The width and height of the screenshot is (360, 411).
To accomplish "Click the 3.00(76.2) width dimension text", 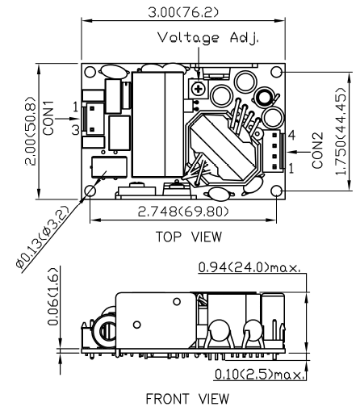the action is coord(183,12).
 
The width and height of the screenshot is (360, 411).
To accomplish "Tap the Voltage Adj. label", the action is coord(208,38).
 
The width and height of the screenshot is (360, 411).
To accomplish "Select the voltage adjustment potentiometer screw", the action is coord(199,89).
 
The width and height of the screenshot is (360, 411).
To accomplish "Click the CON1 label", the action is coord(49,118).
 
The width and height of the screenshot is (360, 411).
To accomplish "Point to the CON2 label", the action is coord(317,151).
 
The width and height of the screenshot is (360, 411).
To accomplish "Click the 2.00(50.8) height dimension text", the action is coord(31,131).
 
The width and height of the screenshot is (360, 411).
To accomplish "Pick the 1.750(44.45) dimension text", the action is coord(341,132).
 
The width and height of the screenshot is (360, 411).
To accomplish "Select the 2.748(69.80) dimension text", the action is coord(183,212).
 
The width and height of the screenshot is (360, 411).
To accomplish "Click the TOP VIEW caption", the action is coord(189,237).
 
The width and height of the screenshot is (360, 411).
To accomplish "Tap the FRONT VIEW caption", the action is coord(187,399).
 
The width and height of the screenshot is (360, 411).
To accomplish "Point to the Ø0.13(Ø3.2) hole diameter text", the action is coord(43,237).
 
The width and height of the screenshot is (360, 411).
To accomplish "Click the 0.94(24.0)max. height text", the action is coord(249,267).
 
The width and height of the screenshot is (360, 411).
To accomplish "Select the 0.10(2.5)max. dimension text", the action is coord(260,374).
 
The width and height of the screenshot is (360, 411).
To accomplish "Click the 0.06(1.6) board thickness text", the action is coord(52,296).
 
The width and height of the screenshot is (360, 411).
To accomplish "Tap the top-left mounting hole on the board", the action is coord(90,73).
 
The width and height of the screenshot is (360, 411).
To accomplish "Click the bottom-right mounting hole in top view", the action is coord(276,191).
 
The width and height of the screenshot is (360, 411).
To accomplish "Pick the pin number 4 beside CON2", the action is coord(291,135).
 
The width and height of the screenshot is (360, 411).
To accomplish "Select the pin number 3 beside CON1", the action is coord(76,130).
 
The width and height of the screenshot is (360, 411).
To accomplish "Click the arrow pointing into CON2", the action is coord(299,152).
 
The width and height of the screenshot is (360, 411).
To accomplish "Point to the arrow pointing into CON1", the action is coord(69,119).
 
